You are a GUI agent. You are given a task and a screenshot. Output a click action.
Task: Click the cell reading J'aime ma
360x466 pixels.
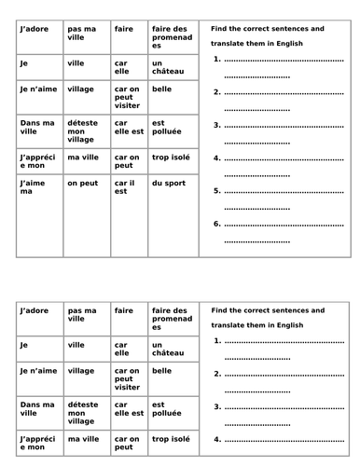tap(35, 188)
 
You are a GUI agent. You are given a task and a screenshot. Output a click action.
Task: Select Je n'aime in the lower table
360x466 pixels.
tap(35, 371)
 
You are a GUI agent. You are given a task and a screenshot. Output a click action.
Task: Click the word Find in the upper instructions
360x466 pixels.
tap(220, 30)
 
